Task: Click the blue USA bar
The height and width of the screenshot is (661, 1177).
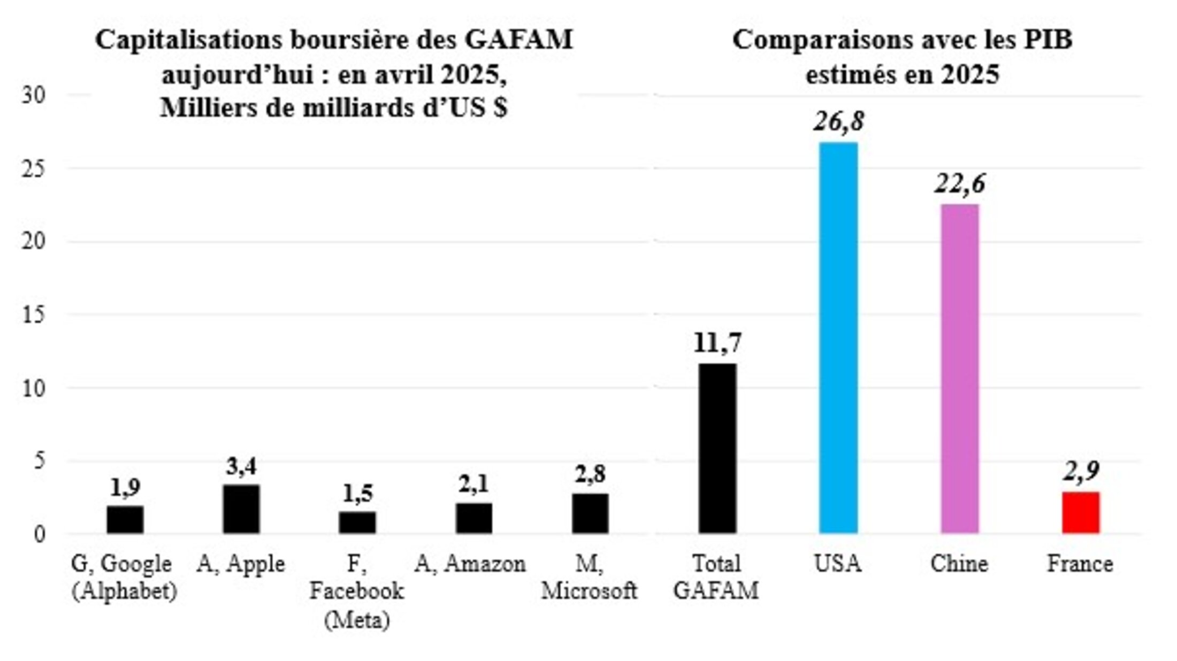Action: pyautogui.click(x=838, y=337)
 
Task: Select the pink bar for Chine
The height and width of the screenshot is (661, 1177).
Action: pyautogui.click(x=960, y=368)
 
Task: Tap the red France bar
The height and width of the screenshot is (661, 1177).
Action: pyautogui.click(x=1081, y=512)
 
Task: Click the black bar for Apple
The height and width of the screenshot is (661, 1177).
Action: pyautogui.click(x=241, y=509)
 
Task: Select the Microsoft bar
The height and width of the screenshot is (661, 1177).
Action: pyautogui.click(x=590, y=513)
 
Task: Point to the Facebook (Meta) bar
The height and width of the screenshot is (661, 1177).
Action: pyautogui.click(x=357, y=522)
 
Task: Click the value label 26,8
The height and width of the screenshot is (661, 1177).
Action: pyautogui.click(x=838, y=122)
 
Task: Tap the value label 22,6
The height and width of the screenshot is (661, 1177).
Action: pyautogui.click(x=960, y=184)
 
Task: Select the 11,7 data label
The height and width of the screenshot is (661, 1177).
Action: pyautogui.click(x=717, y=343)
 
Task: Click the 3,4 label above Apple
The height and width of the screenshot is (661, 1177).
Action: pyautogui.click(x=241, y=466)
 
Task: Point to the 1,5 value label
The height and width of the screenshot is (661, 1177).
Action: pyautogui.click(x=357, y=493)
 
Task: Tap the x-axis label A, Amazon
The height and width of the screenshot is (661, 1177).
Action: pyautogui.click(x=470, y=564)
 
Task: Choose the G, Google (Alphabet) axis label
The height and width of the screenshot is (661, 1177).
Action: pyautogui.click(x=124, y=578)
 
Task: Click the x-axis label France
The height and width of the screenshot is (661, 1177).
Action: pyautogui.click(x=1080, y=564)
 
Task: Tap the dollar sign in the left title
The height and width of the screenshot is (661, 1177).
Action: pyautogui.click(x=500, y=108)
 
